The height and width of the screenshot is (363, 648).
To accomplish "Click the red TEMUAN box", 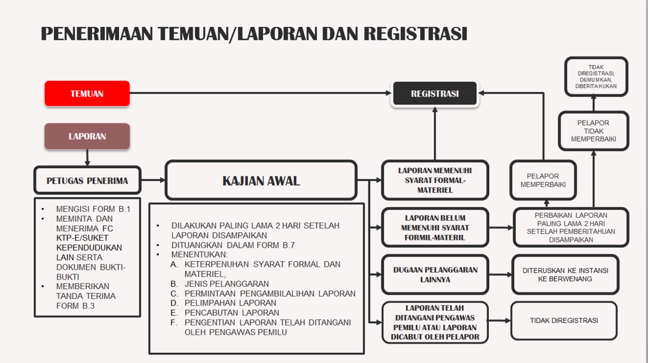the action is [x=87, y=93].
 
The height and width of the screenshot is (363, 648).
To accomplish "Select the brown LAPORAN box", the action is [x=87, y=136].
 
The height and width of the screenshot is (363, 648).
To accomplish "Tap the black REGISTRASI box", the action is [x=435, y=93].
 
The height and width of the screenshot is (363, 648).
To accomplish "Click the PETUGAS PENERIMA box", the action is [x=87, y=180].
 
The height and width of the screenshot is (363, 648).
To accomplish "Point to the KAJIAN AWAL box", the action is [x=261, y=180].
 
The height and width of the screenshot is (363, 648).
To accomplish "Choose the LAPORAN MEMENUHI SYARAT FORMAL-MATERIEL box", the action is [x=435, y=180].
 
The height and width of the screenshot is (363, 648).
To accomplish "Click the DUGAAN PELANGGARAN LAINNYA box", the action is [x=435, y=274].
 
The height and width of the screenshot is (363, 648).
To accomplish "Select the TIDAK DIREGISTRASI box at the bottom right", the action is [x=564, y=321].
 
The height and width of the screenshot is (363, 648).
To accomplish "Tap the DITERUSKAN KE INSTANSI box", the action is [x=565, y=274].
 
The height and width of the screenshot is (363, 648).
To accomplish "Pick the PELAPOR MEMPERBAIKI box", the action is [x=543, y=180].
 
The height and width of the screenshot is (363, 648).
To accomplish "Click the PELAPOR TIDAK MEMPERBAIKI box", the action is [x=593, y=131].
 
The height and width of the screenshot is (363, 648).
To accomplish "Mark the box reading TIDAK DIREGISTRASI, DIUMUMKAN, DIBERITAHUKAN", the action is [x=596, y=76].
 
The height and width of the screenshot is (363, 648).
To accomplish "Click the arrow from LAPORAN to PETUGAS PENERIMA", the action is [x=87, y=157].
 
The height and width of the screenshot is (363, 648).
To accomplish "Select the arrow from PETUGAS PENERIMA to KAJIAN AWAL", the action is [x=153, y=180].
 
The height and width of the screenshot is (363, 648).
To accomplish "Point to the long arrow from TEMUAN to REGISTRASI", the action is [x=261, y=93].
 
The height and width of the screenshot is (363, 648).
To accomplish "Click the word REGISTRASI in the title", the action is [x=416, y=34].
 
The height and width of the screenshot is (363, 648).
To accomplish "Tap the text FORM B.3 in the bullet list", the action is [x=75, y=306].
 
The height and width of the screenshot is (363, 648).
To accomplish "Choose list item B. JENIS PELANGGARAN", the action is [x=220, y=284].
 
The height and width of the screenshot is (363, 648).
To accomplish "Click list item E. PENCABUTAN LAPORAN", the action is [x=225, y=313].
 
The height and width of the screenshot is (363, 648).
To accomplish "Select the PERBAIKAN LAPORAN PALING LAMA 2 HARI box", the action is [x=571, y=227].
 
